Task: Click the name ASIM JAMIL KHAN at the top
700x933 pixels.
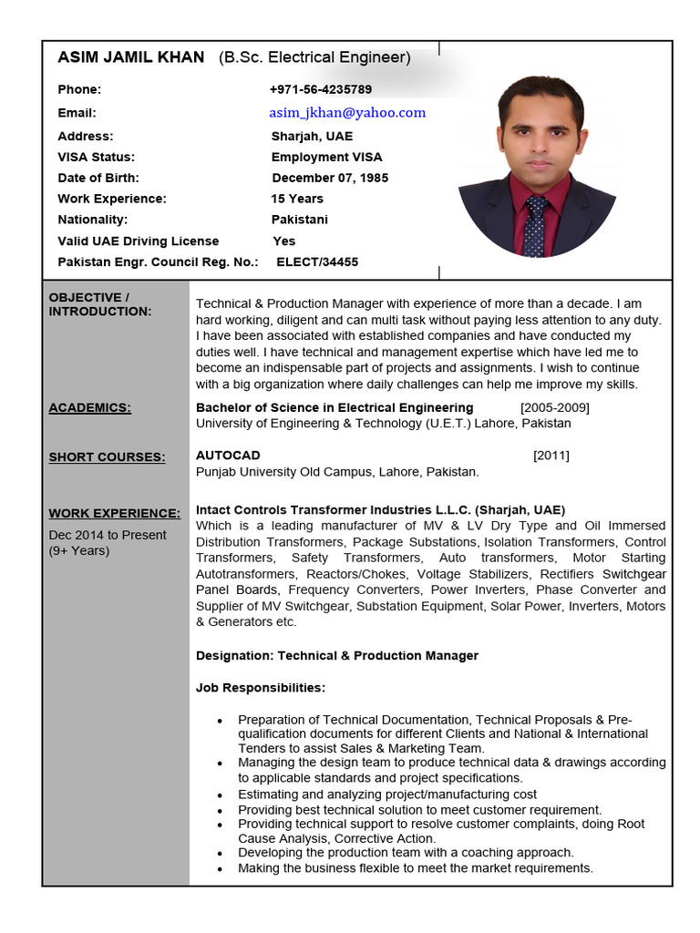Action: click(131, 58)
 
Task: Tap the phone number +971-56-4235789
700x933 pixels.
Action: click(320, 89)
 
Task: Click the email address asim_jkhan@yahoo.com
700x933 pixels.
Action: click(347, 113)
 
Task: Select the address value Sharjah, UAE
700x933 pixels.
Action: click(312, 136)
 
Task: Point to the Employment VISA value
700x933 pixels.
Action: click(326, 157)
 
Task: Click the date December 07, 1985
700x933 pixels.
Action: click(330, 178)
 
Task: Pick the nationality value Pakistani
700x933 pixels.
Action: click(300, 220)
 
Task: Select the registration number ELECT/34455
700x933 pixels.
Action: click(317, 262)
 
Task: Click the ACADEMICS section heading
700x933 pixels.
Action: click(89, 408)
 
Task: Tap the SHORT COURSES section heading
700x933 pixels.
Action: click(107, 457)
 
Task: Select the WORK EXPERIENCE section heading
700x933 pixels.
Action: click(114, 514)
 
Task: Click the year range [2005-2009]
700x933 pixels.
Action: click(554, 407)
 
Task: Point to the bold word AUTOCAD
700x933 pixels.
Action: click(228, 455)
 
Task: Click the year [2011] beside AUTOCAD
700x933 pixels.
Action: click(551, 455)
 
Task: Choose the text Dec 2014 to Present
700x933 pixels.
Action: click(108, 535)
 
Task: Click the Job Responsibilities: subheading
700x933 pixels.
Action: click(261, 687)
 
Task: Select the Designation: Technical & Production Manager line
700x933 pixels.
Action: click(337, 656)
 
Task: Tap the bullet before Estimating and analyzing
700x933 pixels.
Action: click(221, 795)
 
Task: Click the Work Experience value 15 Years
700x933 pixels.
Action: click(297, 199)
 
